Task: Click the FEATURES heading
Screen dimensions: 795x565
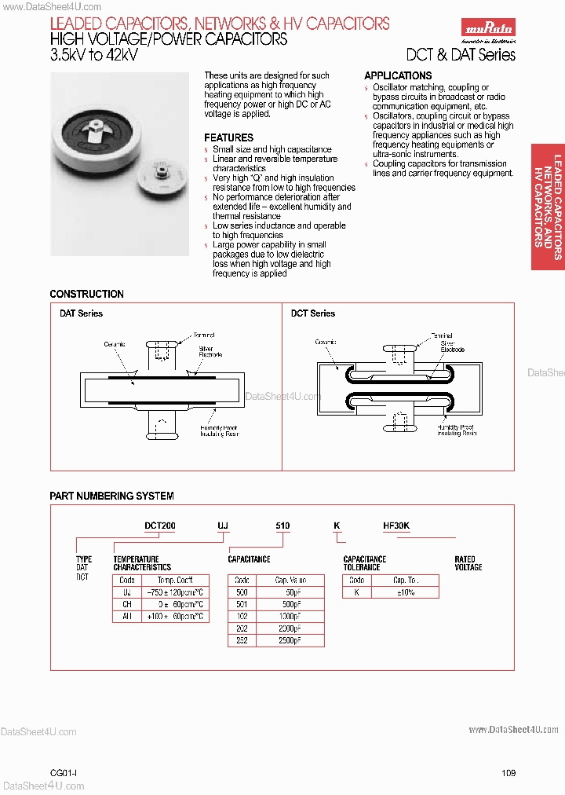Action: (x=229, y=137)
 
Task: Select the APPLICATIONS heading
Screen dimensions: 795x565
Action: (x=398, y=75)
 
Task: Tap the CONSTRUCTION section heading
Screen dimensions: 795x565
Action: (x=86, y=294)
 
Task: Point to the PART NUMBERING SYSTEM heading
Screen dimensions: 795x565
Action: (x=111, y=496)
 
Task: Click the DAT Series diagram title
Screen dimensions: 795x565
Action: (x=81, y=313)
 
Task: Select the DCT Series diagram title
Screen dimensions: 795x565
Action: (x=313, y=313)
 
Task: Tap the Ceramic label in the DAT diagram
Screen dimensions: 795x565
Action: (x=115, y=344)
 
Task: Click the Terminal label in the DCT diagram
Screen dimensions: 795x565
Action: (x=441, y=335)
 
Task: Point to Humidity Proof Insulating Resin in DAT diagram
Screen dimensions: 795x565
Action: (x=219, y=430)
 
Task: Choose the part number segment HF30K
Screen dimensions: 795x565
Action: (x=396, y=526)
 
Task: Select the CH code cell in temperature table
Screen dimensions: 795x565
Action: (x=126, y=604)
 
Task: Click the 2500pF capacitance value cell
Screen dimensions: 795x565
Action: (x=289, y=640)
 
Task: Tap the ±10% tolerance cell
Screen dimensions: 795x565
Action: (x=406, y=592)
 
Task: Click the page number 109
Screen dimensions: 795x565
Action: (x=508, y=773)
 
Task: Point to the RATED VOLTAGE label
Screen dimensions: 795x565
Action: (x=468, y=563)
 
